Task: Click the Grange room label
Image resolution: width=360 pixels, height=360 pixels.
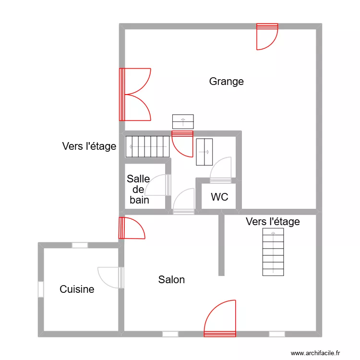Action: point(226,82)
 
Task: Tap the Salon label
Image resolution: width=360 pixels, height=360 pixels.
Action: point(171,280)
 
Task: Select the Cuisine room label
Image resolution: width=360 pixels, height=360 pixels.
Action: point(77,289)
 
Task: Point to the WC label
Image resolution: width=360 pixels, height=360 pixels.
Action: point(219,197)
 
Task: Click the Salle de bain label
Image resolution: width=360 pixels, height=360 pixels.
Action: point(139,190)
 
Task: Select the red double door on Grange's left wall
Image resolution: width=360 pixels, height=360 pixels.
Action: point(134,94)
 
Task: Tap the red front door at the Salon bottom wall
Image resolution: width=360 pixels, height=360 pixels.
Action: point(220,319)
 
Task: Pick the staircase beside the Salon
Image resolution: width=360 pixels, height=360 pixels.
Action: point(273,252)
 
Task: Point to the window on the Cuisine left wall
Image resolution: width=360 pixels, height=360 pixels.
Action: point(41,289)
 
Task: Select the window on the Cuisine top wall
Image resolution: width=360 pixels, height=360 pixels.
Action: point(80,245)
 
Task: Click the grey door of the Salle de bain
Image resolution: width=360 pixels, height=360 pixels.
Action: point(162,185)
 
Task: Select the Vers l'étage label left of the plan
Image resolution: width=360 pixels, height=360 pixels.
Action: point(89,146)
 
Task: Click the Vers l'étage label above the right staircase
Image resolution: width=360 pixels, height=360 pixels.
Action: point(273,222)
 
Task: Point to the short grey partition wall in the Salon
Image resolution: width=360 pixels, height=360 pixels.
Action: point(221,245)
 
